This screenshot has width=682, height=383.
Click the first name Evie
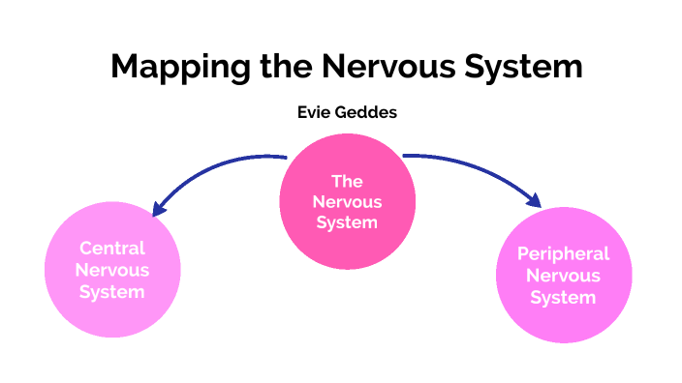[316, 113]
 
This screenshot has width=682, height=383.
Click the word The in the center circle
[346, 181]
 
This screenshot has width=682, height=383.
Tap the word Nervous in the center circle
[346, 202]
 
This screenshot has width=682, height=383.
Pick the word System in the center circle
[346, 222]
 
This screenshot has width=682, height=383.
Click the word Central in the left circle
[112, 250]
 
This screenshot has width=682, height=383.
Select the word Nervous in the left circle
[112, 271]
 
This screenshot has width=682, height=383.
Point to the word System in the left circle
[112, 292]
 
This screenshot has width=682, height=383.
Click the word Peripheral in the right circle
[563, 254]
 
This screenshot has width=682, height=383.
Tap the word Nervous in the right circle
[563, 276]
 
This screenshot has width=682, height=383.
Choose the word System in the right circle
[563, 297]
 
